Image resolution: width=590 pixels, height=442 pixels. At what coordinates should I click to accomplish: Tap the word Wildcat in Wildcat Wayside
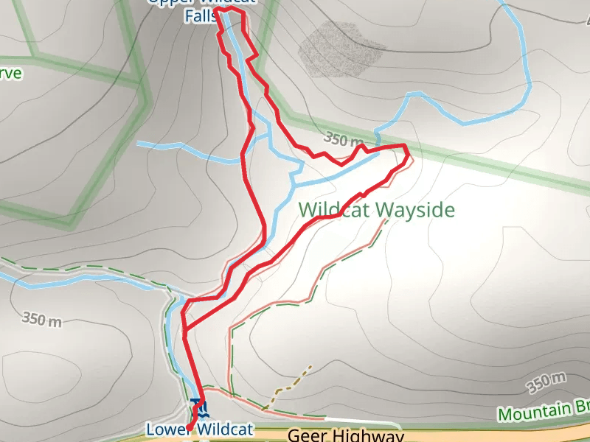[335, 210]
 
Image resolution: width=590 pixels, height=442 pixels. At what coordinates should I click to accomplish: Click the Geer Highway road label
[345, 435]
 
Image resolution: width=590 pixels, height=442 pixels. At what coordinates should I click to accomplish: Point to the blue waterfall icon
[197, 406]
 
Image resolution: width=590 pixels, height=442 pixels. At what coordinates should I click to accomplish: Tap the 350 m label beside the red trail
[344, 139]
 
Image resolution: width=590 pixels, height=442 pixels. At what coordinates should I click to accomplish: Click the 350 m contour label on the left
[42, 319]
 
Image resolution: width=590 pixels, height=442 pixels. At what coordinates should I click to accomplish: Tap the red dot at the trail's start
[189, 428]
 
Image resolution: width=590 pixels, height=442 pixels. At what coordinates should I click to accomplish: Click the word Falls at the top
[200, 14]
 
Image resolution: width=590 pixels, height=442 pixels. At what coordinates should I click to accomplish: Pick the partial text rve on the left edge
[11, 74]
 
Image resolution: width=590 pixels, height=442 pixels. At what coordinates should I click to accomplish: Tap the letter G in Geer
[294, 436]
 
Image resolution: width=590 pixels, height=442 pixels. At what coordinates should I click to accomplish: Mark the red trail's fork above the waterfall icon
[184, 329]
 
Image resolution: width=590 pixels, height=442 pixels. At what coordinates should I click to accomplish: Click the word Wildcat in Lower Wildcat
[226, 429]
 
